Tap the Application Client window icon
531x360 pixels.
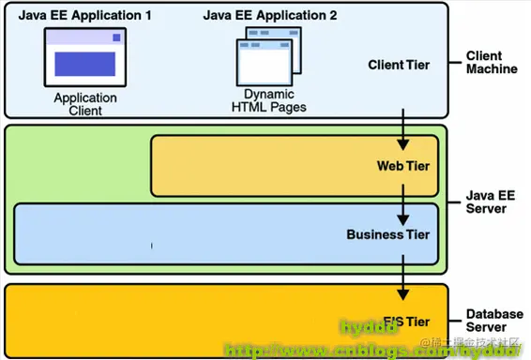coord(84,57)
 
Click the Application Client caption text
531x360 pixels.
coord(84,104)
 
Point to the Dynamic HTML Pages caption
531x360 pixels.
coord(269,100)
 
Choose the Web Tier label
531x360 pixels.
coord(402,166)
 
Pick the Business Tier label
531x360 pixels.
coord(387,234)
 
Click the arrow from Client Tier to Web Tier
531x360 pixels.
coord(402,128)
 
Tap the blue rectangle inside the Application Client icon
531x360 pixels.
coord(84,64)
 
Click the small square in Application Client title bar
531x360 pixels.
coord(116,37)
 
